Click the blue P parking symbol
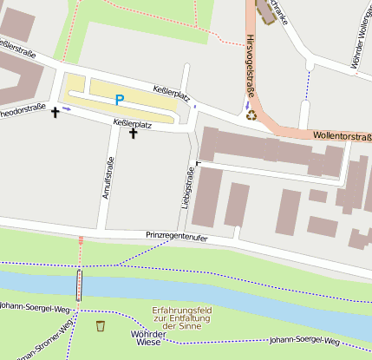tap(119, 101)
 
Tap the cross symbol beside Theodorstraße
tap(56, 112)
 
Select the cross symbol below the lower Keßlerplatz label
tap(133, 134)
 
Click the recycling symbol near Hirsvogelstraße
tap(251, 114)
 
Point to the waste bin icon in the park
tap(101, 326)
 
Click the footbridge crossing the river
tap(81, 284)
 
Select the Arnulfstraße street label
tap(109, 179)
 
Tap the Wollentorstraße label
tap(342, 136)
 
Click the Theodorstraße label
tap(22, 109)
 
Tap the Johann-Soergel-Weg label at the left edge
tap(35, 308)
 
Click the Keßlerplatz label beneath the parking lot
tap(133, 124)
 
